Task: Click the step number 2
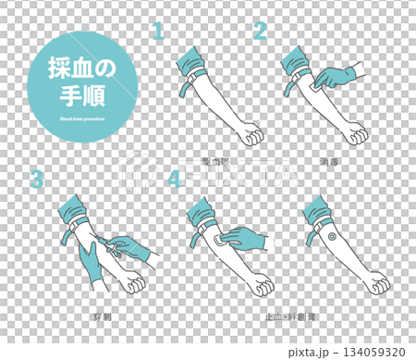[x=260, y=31]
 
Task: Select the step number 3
[x=36, y=179]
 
